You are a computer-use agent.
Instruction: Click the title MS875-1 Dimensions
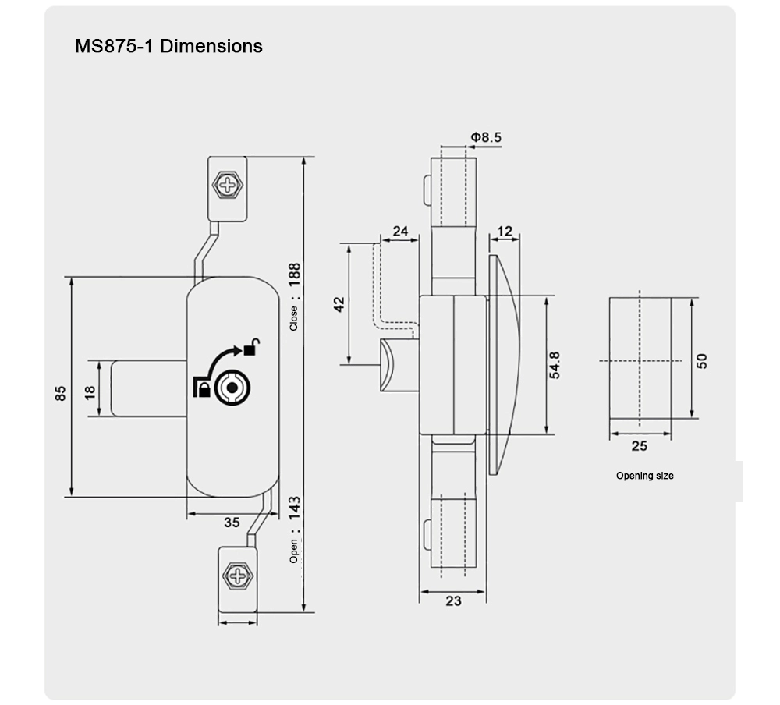click(168, 46)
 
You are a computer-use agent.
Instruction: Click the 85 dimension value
click(61, 394)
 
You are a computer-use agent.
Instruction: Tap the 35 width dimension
click(232, 523)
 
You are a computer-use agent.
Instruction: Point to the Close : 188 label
click(294, 296)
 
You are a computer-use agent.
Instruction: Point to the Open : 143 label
click(294, 530)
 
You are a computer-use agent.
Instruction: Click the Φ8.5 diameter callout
click(485, 138)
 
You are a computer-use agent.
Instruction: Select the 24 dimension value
click(401, 231)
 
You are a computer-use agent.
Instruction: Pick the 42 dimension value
click(339, 305)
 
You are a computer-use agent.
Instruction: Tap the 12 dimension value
click(505, 231)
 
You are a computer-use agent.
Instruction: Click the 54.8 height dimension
click(555, 365)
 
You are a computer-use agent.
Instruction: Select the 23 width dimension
click(452, 601)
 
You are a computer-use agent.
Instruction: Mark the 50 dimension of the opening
click(701, 361)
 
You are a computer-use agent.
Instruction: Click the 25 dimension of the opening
click(639, 446)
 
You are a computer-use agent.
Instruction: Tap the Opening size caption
click(644, 476)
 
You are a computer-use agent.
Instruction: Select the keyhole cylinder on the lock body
click(231, 388)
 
